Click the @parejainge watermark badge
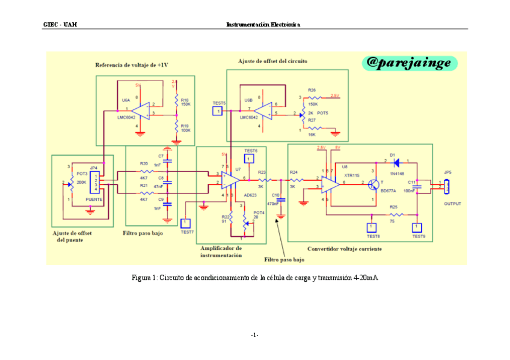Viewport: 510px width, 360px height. (x=410, y=63)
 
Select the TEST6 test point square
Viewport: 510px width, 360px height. (x=251, y=158)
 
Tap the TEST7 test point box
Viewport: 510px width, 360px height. (x=186, y=223)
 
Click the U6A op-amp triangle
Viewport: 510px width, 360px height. (x=141, y=111)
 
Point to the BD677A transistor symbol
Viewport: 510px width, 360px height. (x=374, y=183)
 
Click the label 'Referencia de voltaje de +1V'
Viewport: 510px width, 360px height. (x=131, y=64)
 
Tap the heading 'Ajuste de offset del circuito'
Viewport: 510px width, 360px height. (x=273, y=61)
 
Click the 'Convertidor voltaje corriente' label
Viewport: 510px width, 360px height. (x=344, y=249)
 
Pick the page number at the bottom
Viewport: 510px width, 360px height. (x=255, y=335)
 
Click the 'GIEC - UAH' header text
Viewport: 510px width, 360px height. (x=60, y=25)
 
